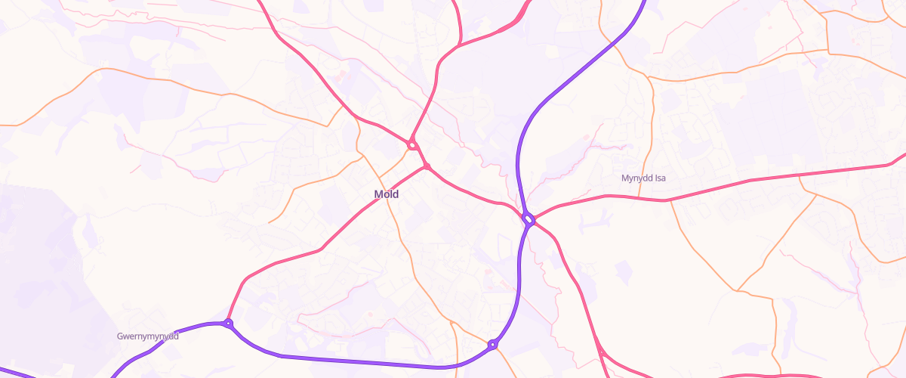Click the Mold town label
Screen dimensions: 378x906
pyautogui.click(x=386, y=194)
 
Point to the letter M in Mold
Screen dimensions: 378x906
pyautogui.click(x=378, y=194)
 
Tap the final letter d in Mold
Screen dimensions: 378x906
pyautogui.click(x=396, y=194)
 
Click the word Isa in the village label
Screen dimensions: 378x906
pyautogui.click(x=661, y=178)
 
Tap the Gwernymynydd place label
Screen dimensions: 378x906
pyautogui.click(x=148, y=336)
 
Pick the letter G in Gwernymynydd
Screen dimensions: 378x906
pyautogui.click(x=121, y=336)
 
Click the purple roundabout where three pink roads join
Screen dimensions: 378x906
pyautogui.click(x=528, y=219)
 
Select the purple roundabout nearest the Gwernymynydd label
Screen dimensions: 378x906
pyautogui.click(x=228, y=324)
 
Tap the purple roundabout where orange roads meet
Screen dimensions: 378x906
pyautogui.click(x=492, y=345)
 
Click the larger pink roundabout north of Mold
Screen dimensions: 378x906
pyautogui.click(x=412, y=144)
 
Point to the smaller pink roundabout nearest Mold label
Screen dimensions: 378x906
pyautogui.click(x=427, y=166)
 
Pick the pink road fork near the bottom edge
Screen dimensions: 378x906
pyautogui.click(x=602, y=353)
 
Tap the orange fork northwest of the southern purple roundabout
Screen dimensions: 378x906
pyautogui.click(x=451, y=321)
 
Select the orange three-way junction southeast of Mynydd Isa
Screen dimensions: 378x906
pyautogui.click(x=738, y=290)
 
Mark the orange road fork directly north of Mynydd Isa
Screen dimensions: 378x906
pyautogui.click(x=647, y=77)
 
